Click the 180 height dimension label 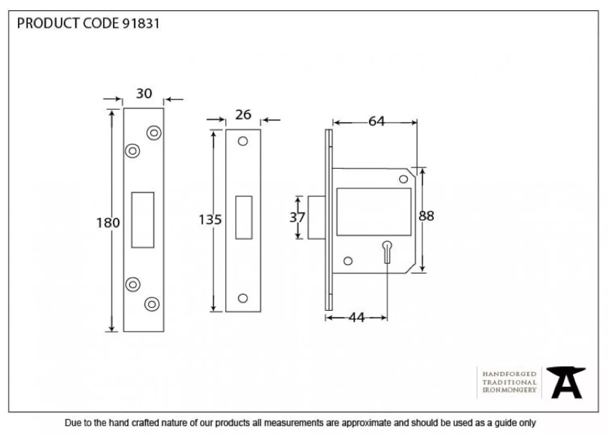108,223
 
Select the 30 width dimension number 144,94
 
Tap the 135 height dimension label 210,220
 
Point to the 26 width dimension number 243,115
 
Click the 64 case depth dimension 376,121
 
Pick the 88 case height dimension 426,216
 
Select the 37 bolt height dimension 297,217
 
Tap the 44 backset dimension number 357,318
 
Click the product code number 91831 141,23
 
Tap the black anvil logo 566,382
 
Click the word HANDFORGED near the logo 509,374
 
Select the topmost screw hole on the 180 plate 154,133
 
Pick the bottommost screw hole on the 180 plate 152,304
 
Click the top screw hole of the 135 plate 243,141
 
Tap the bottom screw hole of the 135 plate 243,298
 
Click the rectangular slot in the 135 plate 244,217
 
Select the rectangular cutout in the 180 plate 143,220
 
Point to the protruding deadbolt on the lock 317,217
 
